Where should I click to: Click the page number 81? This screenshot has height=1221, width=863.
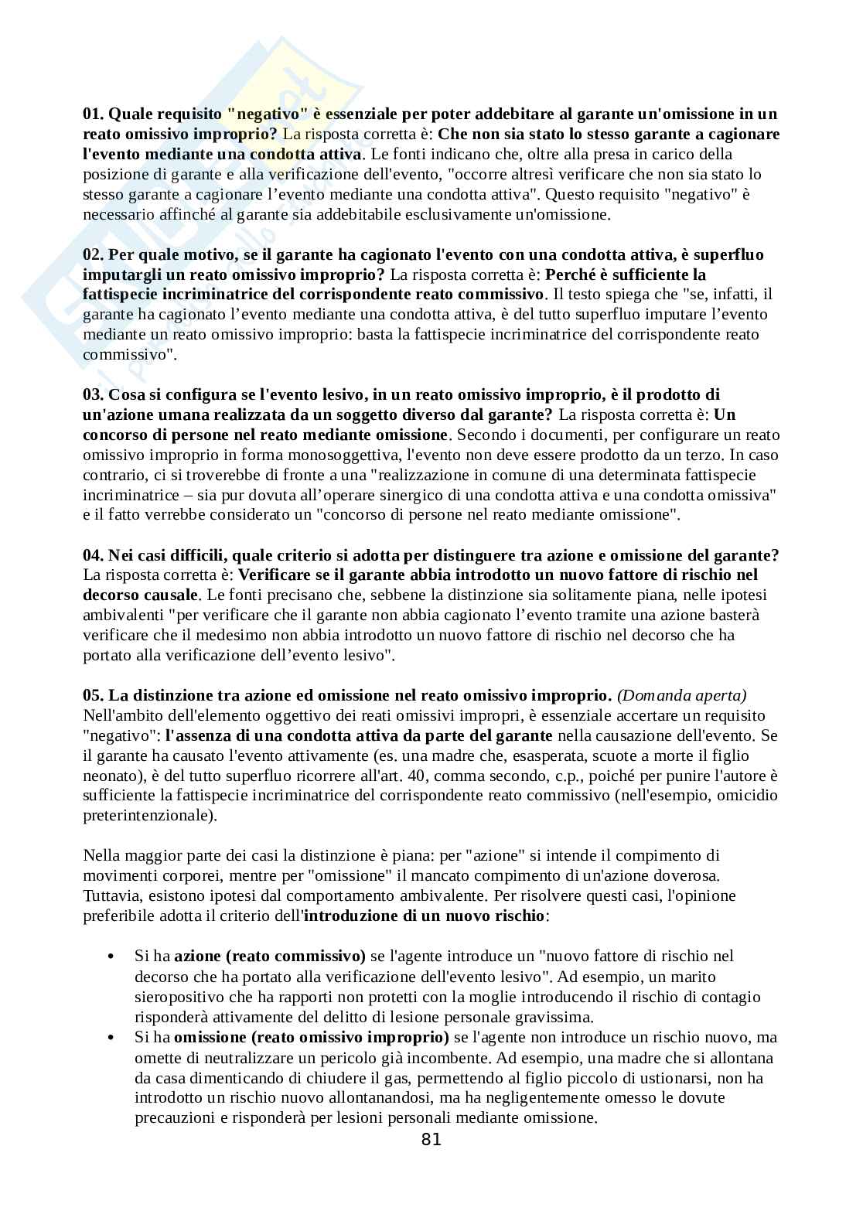click(432, 1139)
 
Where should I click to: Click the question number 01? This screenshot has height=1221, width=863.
click(93, 114)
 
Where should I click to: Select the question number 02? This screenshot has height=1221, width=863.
click(93, 254)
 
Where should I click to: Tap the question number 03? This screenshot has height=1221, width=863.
click(93, 395)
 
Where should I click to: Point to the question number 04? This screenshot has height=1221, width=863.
click(93, 555)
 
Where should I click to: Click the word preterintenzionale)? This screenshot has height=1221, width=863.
click(149, 815)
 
